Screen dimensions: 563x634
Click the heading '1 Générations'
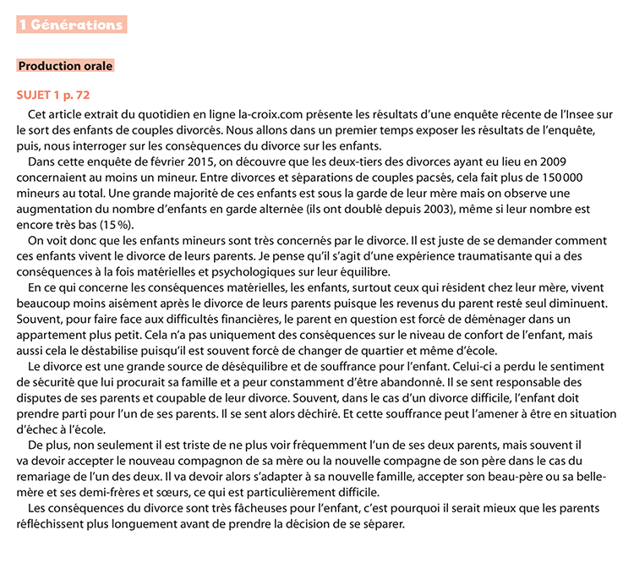71,25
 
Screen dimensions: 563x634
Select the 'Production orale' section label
65,65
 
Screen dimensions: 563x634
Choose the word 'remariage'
47,476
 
